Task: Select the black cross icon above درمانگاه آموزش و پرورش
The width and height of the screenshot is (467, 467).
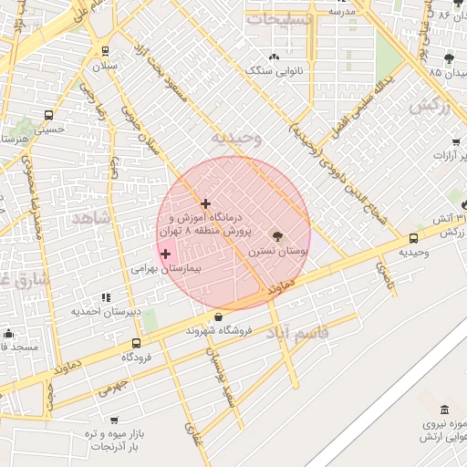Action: pos(206,203)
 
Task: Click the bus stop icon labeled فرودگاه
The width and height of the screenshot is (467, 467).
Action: pos(137,344)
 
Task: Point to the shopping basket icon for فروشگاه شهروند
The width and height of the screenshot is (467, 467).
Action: pos(217,317)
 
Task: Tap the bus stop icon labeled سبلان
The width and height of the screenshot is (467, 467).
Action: pos(106,51)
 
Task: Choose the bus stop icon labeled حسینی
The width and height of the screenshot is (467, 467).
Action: pos(48,116)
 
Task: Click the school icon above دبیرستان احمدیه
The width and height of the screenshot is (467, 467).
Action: pos(107,297)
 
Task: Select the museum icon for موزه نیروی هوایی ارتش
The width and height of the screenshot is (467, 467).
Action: pos(444,410)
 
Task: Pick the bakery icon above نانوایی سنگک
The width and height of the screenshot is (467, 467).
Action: pos(275,56)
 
